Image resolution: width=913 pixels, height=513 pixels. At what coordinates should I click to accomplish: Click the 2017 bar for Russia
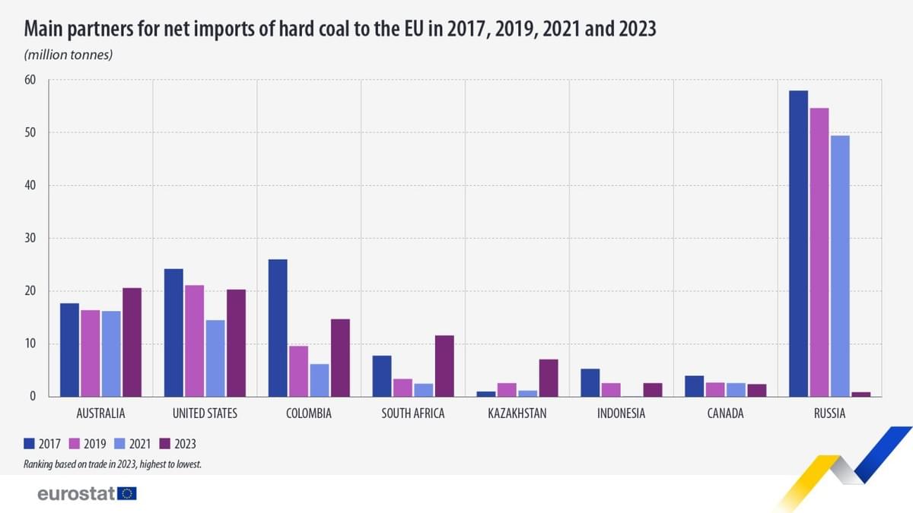(798, 243)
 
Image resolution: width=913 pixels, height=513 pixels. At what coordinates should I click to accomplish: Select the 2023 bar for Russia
(861, 394)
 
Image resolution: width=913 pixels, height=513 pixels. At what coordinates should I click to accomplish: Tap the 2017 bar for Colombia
(278, 328)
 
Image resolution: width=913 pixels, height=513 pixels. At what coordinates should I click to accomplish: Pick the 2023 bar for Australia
(132, 342)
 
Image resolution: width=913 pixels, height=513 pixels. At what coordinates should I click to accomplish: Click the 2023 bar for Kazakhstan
(549, 378)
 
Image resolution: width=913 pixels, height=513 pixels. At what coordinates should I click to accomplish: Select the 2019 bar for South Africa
(402, 388)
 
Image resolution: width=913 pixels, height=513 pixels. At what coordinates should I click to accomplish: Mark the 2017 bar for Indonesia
(590, 382)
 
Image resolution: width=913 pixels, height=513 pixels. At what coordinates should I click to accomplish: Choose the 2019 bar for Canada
(714, 389)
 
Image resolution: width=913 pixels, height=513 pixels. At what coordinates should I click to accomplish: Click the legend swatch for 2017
(30, 444)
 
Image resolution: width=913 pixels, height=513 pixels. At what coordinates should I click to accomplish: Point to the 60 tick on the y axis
(31, 80)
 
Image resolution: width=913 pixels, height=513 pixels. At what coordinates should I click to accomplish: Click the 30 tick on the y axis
(31, 238)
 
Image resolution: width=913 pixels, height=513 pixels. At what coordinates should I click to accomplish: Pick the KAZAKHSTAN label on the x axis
(517, 414)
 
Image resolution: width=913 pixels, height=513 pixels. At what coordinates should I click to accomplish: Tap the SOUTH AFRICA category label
(413, 414)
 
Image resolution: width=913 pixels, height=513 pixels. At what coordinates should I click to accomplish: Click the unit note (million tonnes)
(68, 55)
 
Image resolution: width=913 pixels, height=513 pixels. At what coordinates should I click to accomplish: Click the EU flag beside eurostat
(127, 494)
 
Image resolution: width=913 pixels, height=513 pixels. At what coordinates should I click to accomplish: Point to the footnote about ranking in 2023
(113, 464)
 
